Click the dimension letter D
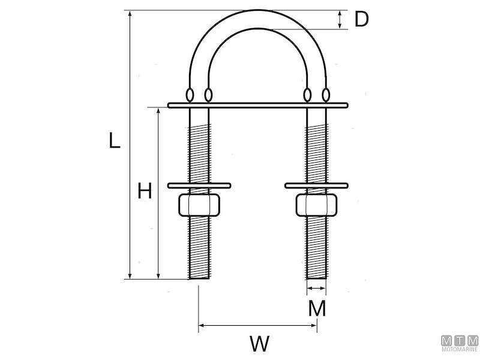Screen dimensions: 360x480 pos(361,19)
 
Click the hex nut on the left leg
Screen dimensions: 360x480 pos(199,204)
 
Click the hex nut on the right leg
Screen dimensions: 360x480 pos(316,204)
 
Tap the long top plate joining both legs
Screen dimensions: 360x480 pos(258,105)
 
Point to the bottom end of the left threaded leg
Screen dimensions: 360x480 pos(199,277)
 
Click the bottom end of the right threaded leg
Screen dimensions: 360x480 pos(316,277)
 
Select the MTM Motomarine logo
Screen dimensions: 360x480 pos(460,344)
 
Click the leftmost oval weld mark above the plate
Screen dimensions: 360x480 pos(190,95)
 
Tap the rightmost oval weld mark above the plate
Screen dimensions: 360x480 pos(326,95)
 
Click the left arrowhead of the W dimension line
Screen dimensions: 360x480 pos(201,326)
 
